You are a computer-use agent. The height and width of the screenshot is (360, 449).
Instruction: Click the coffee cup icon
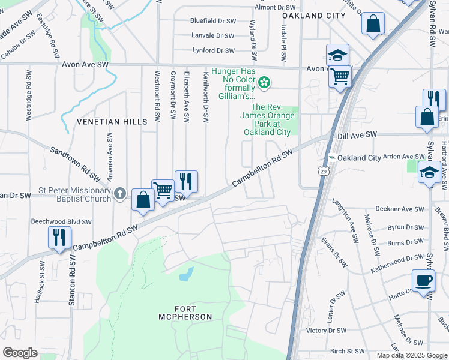(x=423, y=281)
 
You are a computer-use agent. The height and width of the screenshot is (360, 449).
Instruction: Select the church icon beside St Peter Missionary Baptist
(x=120, y=193)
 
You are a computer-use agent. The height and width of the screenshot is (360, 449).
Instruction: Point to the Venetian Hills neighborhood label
(x=112, y=122)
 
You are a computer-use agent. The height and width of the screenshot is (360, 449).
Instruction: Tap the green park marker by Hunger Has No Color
(x=264, y=82)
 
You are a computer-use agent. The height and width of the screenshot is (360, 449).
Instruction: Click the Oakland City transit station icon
(x=331, y=158)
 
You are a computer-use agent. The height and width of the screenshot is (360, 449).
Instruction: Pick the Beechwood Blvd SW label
(x=61, y=221)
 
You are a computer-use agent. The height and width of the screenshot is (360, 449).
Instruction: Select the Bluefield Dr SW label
(x=212, y=20)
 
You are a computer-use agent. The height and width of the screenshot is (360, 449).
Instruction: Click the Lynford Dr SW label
(x=212, y=51)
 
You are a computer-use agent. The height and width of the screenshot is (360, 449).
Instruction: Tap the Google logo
(x=20, y=352)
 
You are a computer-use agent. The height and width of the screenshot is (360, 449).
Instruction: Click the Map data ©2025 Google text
(x=411, y=355)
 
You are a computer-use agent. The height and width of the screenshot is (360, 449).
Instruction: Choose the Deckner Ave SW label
(x=400, y=209)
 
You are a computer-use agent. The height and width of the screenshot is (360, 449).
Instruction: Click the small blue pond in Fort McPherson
(x=186, y=275)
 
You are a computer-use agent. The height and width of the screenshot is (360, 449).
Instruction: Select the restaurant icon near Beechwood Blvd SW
(x=59, y=237)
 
